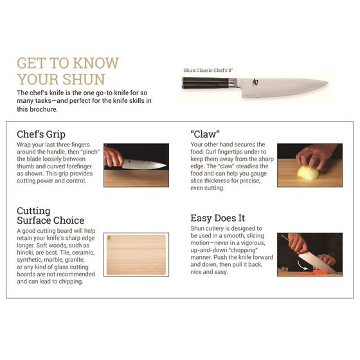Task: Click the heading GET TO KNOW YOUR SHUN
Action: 67,71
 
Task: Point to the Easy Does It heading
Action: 217,219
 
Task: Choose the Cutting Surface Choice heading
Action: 50,215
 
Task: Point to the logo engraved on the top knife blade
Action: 256,82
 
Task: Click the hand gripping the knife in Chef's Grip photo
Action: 114,156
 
